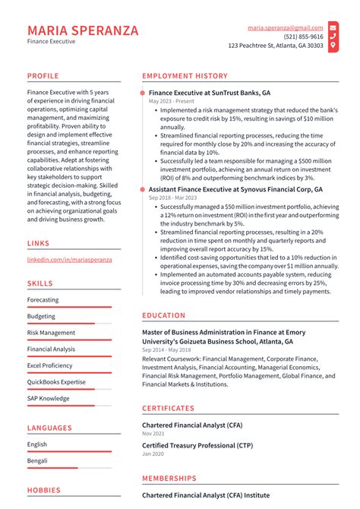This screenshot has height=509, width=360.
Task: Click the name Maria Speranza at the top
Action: (x=83, y=30)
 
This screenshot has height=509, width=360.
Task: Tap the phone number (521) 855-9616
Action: (x=303, y=36)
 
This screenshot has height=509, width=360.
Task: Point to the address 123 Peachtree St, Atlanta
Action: (x=275, y=46)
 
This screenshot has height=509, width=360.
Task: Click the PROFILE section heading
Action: (x=44, y=76)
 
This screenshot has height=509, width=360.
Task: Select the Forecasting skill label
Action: (x=43, y=300)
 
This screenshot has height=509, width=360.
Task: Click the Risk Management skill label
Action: (x=51, y=333)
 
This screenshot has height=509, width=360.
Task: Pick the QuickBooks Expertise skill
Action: (x=56, y=382)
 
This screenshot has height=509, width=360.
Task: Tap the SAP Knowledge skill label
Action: (x=48, y=398)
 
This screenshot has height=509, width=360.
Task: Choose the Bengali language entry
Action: (x=38, y=460)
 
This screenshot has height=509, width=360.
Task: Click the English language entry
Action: (x=37, y=444)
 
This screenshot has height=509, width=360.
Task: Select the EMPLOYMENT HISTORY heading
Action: (x=185, y=76)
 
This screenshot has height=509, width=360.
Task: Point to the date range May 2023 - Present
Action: (x=172, y=101)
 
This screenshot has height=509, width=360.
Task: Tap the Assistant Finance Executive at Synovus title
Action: (x=235, y=189)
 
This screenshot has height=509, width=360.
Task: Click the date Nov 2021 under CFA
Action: (x=153, y=433)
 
